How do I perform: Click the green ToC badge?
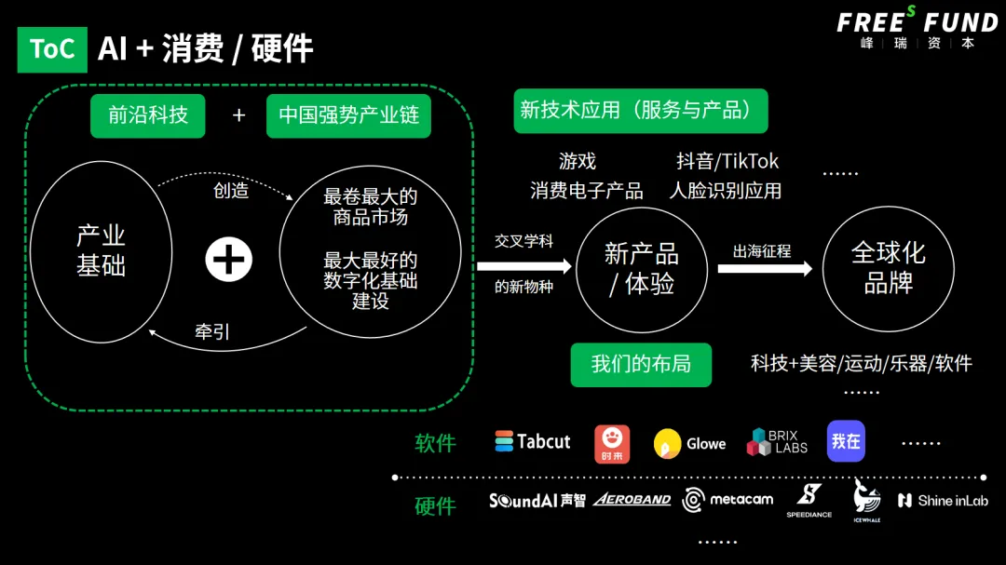click(52, 49)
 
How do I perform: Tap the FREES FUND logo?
click(917, 27)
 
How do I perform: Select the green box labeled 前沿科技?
click(148, 115)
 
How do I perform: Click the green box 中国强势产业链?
click(348, 115)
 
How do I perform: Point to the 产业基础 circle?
click(101, 251)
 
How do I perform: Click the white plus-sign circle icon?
click(228, 259)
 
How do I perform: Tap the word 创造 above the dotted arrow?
click(231, 191)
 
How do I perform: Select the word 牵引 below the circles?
click(212, 332)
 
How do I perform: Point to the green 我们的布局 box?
click(641, 364)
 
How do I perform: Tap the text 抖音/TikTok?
click(727, 161)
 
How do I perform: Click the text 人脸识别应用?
click(726, 191)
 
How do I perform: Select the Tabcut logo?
click(533, 442)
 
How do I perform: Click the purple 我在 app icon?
click(846, 441)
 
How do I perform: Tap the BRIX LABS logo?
click(777, 442)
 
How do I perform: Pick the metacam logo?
click(727, 500)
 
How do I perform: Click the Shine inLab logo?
click(943, 501)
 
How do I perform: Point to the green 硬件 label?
click(436, 506)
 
